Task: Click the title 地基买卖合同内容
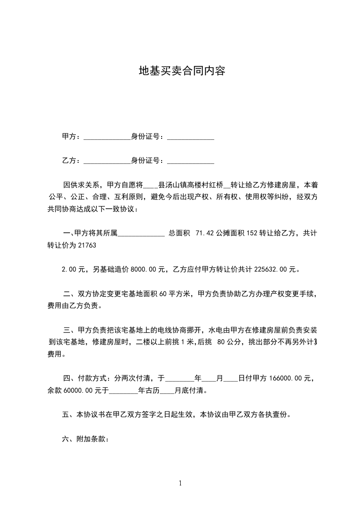(x=182, y=71)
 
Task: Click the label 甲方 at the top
(x=69, y=137)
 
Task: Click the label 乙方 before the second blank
(x=69, y=161)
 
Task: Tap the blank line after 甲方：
(x=107, y=137)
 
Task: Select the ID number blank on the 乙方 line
(x=191, y=162)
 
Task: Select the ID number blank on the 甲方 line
(x=191, y=137)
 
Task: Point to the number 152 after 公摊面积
(x=252, y=233)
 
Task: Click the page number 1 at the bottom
(x=180, y=483)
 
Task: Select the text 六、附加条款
(x=85, y=439)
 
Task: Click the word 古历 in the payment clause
(x=153, y=390)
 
